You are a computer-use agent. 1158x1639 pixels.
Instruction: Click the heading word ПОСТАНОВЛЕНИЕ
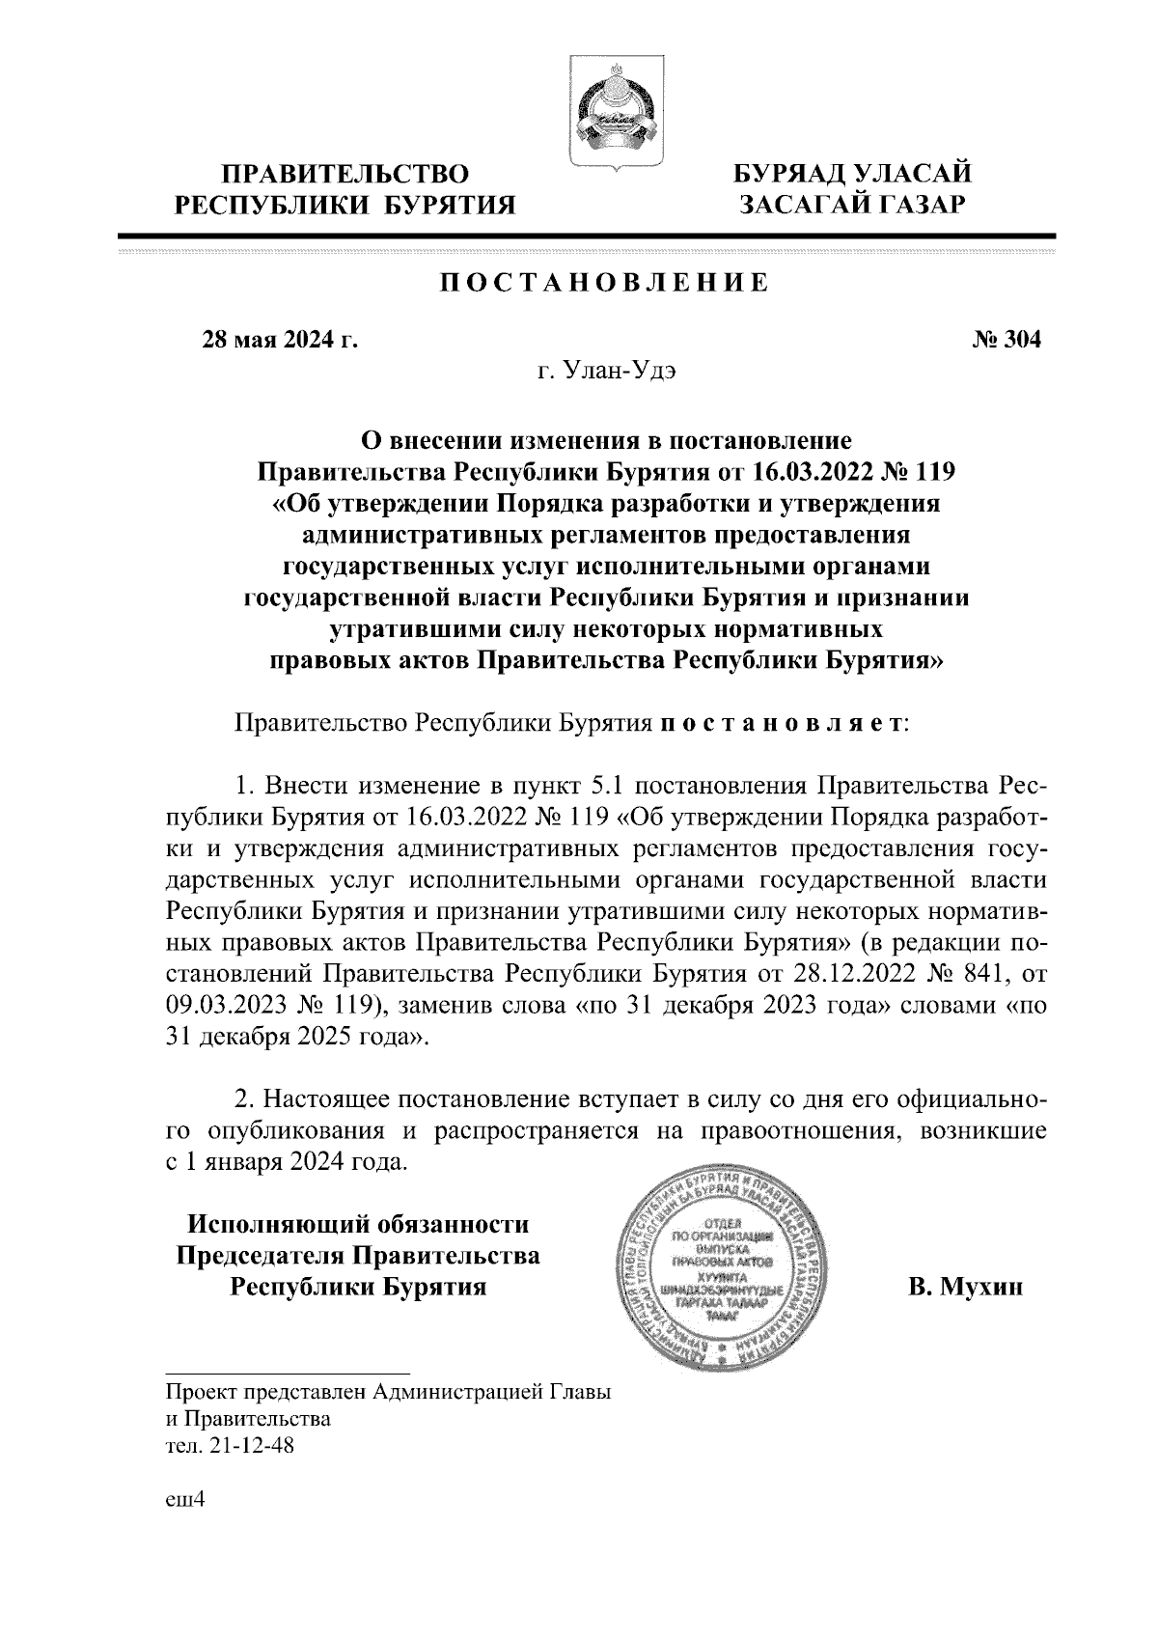[x=605, y=283]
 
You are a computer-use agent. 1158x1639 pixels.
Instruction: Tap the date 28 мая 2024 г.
[x=278, y=340]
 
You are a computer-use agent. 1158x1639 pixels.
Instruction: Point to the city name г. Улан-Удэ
[x=607, y=373]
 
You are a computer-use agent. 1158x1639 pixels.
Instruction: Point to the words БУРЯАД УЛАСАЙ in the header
[x=850, y=176]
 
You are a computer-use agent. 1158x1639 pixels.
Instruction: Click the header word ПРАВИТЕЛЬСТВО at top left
[x=345, y=176]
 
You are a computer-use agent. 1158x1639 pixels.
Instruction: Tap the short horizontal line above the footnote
[x=288, y=1372]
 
